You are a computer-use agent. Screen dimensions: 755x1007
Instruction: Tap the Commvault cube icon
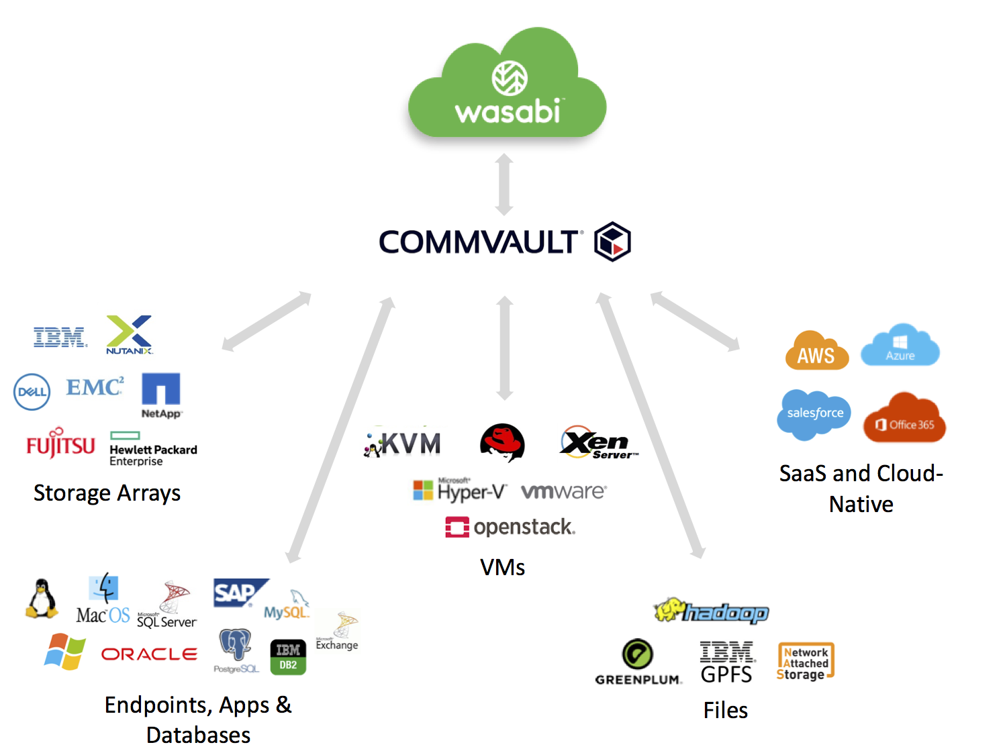click(x=612, y=242)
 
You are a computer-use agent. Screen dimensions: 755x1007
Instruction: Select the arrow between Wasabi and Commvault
click(x=504, y=184)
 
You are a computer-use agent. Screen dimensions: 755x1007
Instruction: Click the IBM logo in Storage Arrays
click(x=60, y=337)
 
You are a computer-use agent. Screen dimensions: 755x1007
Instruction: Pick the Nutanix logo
click(x=130, y=334)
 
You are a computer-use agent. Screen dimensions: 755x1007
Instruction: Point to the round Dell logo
click(x=32, y=392)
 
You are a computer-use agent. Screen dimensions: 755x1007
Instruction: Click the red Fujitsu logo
click(x=60, y=444)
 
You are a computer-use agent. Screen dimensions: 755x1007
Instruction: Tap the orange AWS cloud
click(x=816, y=351)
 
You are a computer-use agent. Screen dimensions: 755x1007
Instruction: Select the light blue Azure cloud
click(x=900, y=346)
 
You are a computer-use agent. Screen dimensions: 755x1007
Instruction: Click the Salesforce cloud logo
click(x=814, y=414)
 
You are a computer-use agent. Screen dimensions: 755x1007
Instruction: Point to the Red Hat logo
click(x=502, y=442)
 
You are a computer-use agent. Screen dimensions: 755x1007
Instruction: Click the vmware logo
click(x=564, y=491)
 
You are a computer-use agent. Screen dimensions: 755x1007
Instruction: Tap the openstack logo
click(x=510, y=527)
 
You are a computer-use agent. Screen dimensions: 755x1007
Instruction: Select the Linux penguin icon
click(x=42, y=598)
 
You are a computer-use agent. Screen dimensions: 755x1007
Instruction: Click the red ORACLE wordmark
click(x=149, y=654)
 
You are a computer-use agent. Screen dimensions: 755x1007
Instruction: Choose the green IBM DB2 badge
click(x=288, y=657)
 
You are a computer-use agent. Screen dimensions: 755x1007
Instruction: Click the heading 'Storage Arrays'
click(x=107, y=493)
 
